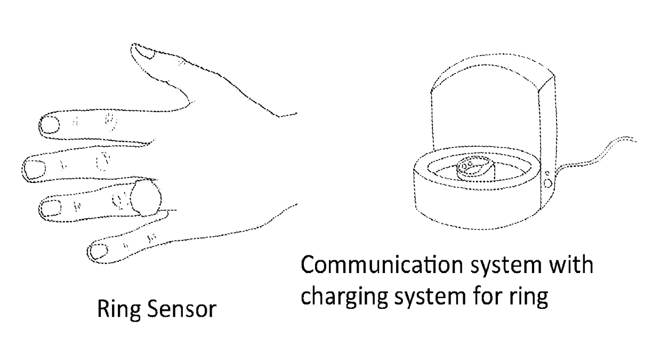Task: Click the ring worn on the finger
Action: pyautogui.click(x=146, y=198)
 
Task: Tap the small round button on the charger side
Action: pyautogui.click(x=547, y=182)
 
